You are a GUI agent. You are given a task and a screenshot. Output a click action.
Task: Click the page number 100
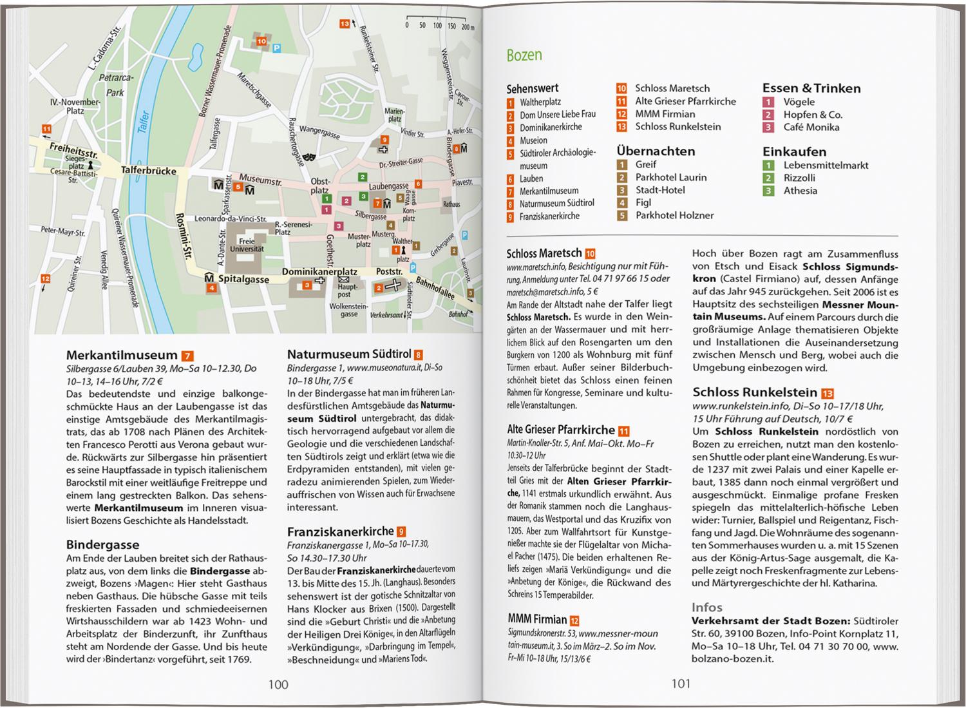(278, 684)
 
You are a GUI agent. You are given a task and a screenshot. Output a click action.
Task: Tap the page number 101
(681, 684)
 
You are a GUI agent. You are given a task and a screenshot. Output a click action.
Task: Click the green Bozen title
(524, 55)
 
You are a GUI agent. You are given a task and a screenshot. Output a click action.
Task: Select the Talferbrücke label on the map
(149, 171)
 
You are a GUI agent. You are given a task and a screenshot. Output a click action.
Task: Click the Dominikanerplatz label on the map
(319, 272)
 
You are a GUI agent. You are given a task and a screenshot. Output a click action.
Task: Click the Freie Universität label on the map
(247, 245)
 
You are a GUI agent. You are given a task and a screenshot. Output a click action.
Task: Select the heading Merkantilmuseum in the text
(122, 355)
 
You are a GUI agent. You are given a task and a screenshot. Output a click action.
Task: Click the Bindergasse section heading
(103, 544)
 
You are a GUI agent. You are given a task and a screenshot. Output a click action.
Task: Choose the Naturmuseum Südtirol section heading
(349, 354)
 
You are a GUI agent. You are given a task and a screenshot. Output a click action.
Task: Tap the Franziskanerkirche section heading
(340, 531)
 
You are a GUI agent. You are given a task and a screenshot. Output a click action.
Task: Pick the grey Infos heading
(707, 607)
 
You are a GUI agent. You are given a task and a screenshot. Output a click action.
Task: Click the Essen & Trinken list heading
(811, 88)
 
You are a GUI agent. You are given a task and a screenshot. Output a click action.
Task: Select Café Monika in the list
(811, 128)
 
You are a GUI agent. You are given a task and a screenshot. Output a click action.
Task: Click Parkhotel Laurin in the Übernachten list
(670, 177)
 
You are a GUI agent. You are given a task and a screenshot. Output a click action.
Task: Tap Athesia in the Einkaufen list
(800, 191)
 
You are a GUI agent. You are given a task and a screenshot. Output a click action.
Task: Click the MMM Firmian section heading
(537, 620)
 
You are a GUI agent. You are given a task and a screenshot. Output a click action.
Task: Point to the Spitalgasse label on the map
(243, 279)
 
